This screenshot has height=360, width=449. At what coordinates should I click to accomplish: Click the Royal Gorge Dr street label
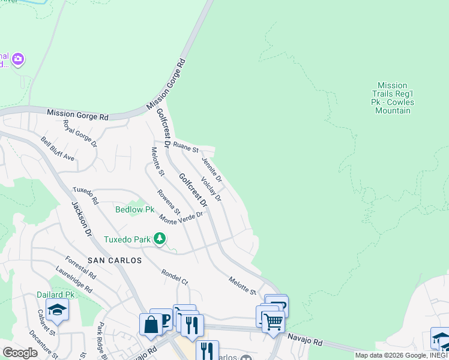[x=80, y=133]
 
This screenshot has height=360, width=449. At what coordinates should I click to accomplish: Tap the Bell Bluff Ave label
[x=58, y=149]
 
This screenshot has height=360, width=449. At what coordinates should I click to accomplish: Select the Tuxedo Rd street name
[x=85, y=194]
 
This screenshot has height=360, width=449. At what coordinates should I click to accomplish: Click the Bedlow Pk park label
[x=135, y=209]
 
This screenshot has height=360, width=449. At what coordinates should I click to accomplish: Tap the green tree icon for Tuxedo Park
[x=159, y=239]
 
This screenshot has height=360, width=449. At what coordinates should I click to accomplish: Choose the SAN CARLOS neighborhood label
[x=115, y=260]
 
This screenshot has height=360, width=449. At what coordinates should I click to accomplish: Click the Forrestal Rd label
[x=80, y=268]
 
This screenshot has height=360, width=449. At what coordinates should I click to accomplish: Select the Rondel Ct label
[x=175, y=277]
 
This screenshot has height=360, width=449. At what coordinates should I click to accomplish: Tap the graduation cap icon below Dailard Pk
[x=57, y=310]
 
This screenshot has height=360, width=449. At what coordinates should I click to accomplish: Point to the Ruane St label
[x=185, y=146]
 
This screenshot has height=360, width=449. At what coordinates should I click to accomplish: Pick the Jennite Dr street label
[x=212, y=170]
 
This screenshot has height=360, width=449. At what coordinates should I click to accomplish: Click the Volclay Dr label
[x=211, y=189]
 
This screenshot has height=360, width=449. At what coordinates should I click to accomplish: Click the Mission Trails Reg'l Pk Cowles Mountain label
[x=393, y=98]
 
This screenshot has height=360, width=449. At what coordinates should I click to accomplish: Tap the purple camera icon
[x=19, y=58]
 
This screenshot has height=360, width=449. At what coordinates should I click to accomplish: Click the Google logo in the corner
[x=20, y=352]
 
